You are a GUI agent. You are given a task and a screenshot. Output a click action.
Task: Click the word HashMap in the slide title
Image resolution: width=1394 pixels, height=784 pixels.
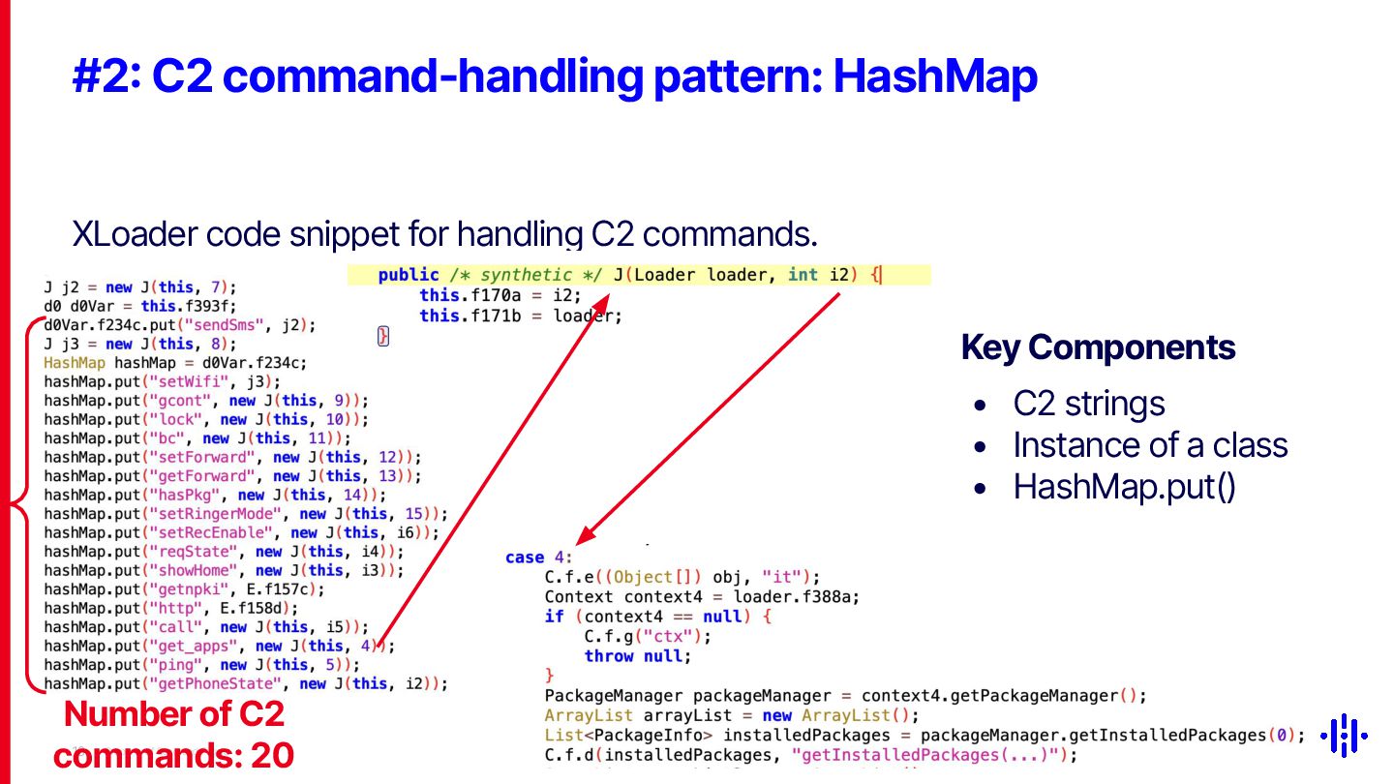pos(935,77)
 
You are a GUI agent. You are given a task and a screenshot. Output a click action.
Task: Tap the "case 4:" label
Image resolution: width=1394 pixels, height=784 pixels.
pos(539,558)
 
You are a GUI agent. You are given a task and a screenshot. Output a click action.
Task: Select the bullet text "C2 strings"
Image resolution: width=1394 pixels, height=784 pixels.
pos(1089,405)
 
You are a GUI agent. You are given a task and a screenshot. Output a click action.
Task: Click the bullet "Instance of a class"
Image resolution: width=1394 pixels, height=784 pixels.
pos(1150,445)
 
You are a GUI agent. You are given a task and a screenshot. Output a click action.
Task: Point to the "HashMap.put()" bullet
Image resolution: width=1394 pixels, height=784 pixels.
pos(1124,487)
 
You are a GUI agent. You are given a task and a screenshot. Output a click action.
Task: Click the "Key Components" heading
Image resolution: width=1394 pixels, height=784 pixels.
pos(1098,347)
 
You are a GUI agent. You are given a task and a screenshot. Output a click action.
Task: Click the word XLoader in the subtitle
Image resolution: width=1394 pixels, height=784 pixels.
pos(134,233)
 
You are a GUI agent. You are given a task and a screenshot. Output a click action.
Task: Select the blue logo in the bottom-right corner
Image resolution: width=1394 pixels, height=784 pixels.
pos(1346,736)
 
